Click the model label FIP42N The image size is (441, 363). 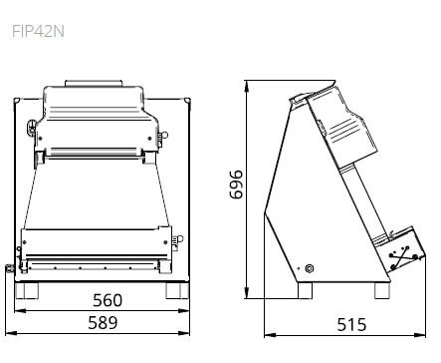coord(38,32)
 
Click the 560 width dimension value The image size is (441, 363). coord(108,300)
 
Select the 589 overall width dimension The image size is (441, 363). coord(103,323)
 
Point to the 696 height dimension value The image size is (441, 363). coord(237,184)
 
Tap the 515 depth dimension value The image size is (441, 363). coord(351,325)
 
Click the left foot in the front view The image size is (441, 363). coord(27,290)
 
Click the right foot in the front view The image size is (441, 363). coord(177,290)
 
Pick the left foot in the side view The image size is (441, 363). coord(305,290)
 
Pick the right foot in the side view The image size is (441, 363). coord(382,290)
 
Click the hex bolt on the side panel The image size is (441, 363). coord(310,268)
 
